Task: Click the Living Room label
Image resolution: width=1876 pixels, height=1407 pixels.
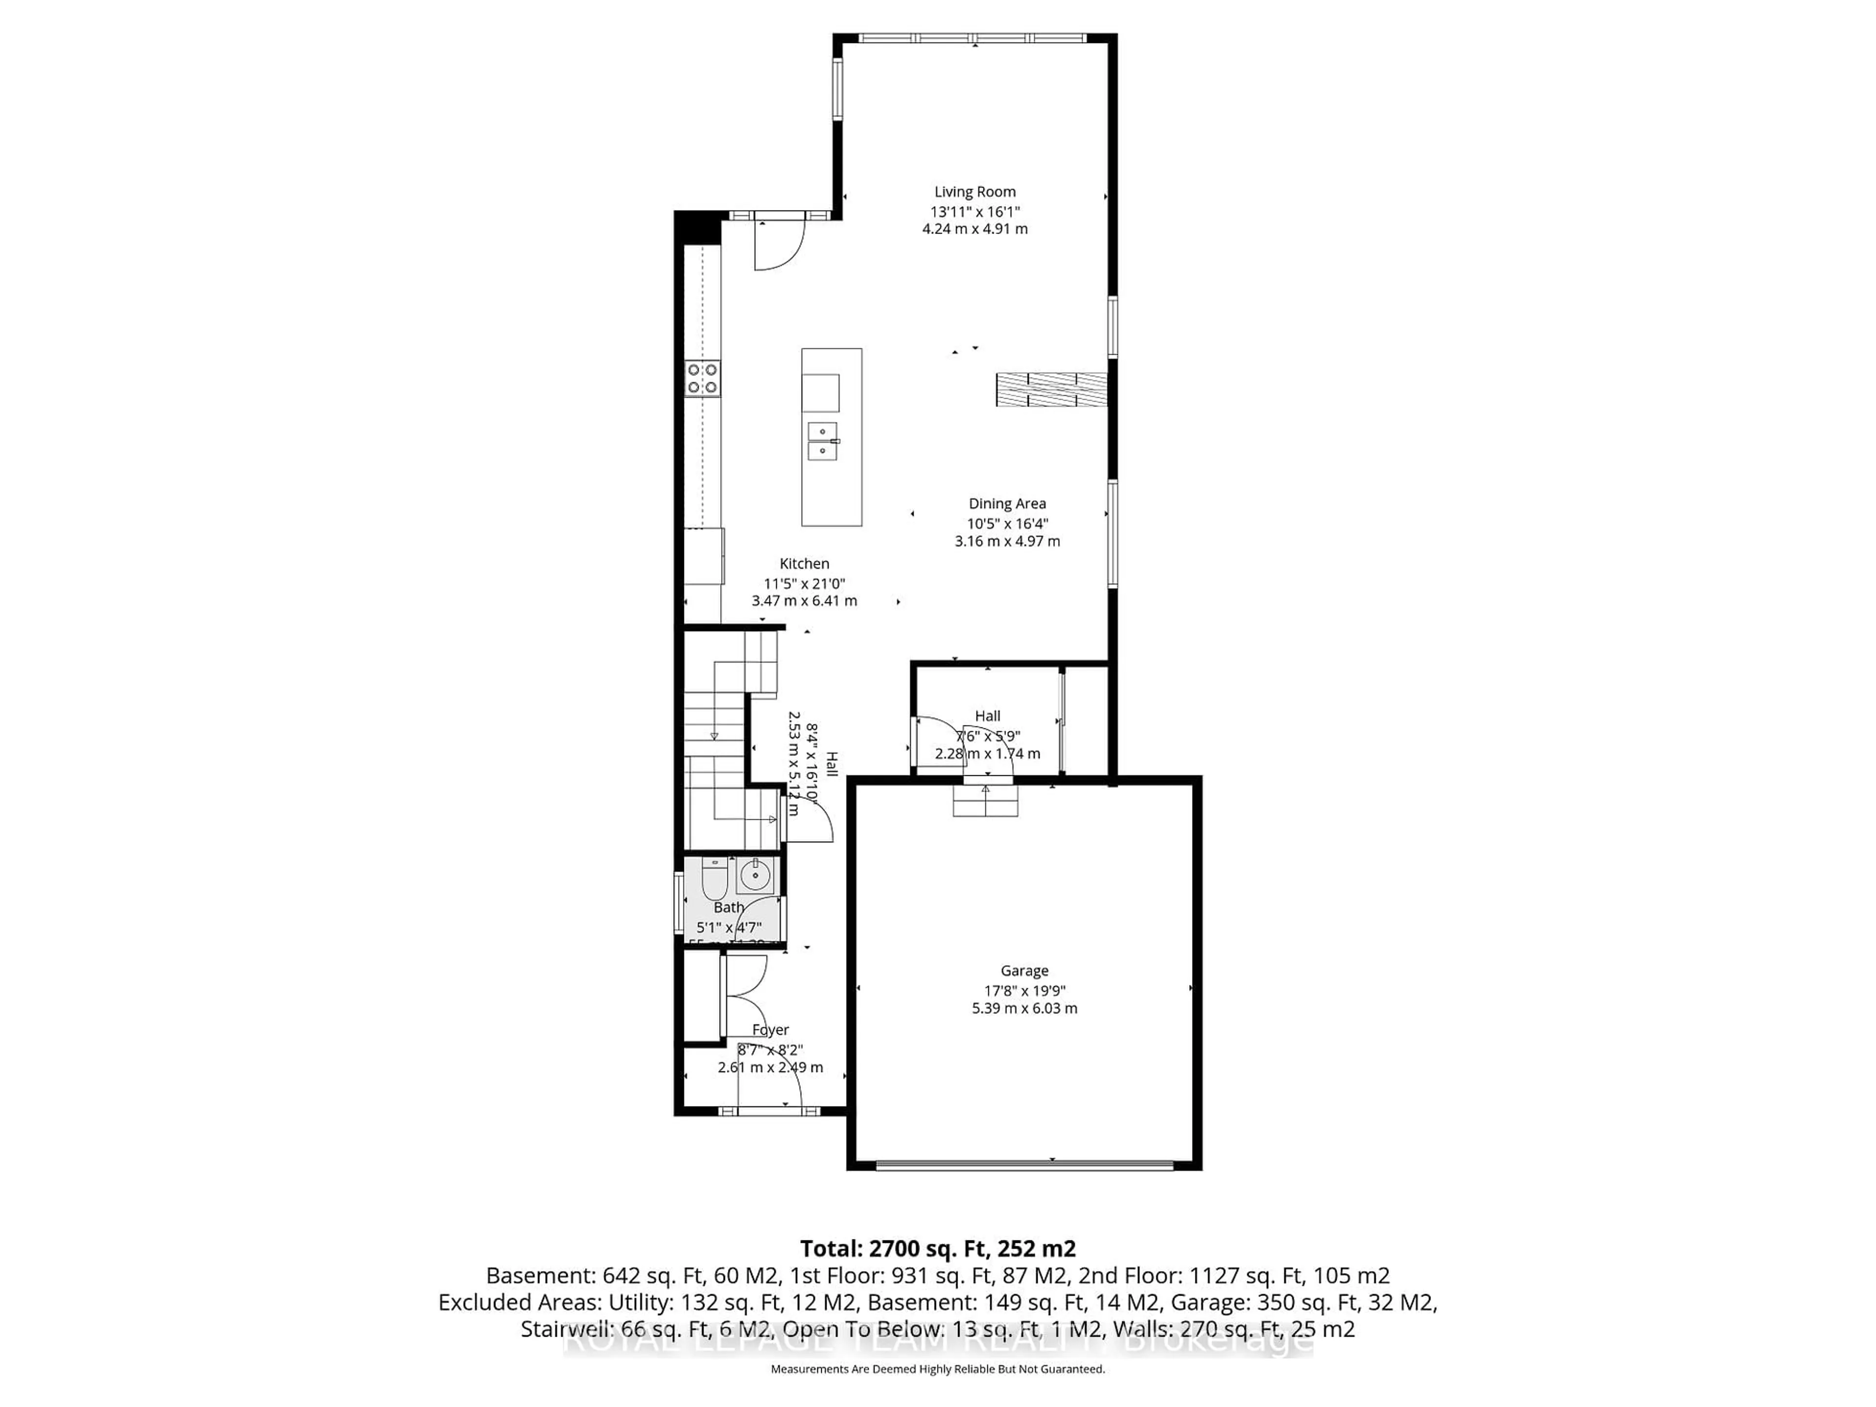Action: [975, 192]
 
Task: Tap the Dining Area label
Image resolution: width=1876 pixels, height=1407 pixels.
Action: [1007, 504]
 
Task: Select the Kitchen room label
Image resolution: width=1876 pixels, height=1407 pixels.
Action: [804, 563]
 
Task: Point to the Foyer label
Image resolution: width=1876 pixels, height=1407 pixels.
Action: [770, 1029]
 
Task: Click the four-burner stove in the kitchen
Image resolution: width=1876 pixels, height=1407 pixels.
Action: [702, 378]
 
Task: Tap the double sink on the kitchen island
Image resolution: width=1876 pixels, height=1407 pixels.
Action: [822, 441]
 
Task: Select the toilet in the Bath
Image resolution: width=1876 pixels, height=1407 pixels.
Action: [714, 879]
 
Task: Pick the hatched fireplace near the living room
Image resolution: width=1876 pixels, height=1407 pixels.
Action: [1052, 389]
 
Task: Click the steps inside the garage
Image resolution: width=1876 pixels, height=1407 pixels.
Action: [984, 802]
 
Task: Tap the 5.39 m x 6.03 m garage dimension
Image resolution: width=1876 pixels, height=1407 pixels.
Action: [1023, 1008]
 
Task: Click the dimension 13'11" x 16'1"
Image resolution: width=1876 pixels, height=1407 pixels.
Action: [975, 211]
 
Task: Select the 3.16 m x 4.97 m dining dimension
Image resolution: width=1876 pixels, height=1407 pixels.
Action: [1007, 541]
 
